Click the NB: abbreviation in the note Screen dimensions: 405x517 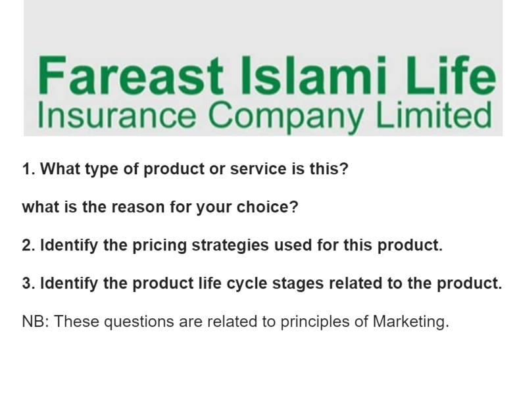(35, 323)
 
